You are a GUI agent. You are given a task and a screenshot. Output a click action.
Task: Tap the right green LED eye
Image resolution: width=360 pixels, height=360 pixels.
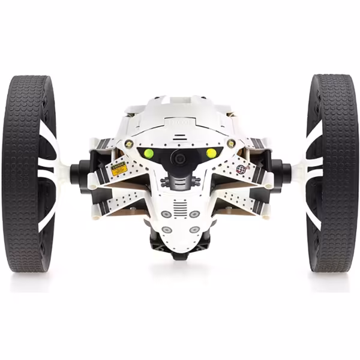(211, 153)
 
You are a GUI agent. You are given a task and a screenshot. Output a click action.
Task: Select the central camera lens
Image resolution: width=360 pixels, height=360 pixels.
(179, 157)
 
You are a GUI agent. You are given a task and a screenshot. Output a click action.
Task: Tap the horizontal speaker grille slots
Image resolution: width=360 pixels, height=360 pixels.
(180, 207)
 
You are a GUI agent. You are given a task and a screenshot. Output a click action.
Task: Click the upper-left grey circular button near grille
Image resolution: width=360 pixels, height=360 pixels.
(165, 214)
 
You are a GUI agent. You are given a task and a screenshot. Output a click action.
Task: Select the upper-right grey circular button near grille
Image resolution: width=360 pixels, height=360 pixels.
(194, 214)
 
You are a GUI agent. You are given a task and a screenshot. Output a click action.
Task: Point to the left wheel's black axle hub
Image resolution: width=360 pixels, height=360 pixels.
(79, 173)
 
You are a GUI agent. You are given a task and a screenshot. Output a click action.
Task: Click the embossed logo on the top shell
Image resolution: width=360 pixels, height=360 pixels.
(181, 120)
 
